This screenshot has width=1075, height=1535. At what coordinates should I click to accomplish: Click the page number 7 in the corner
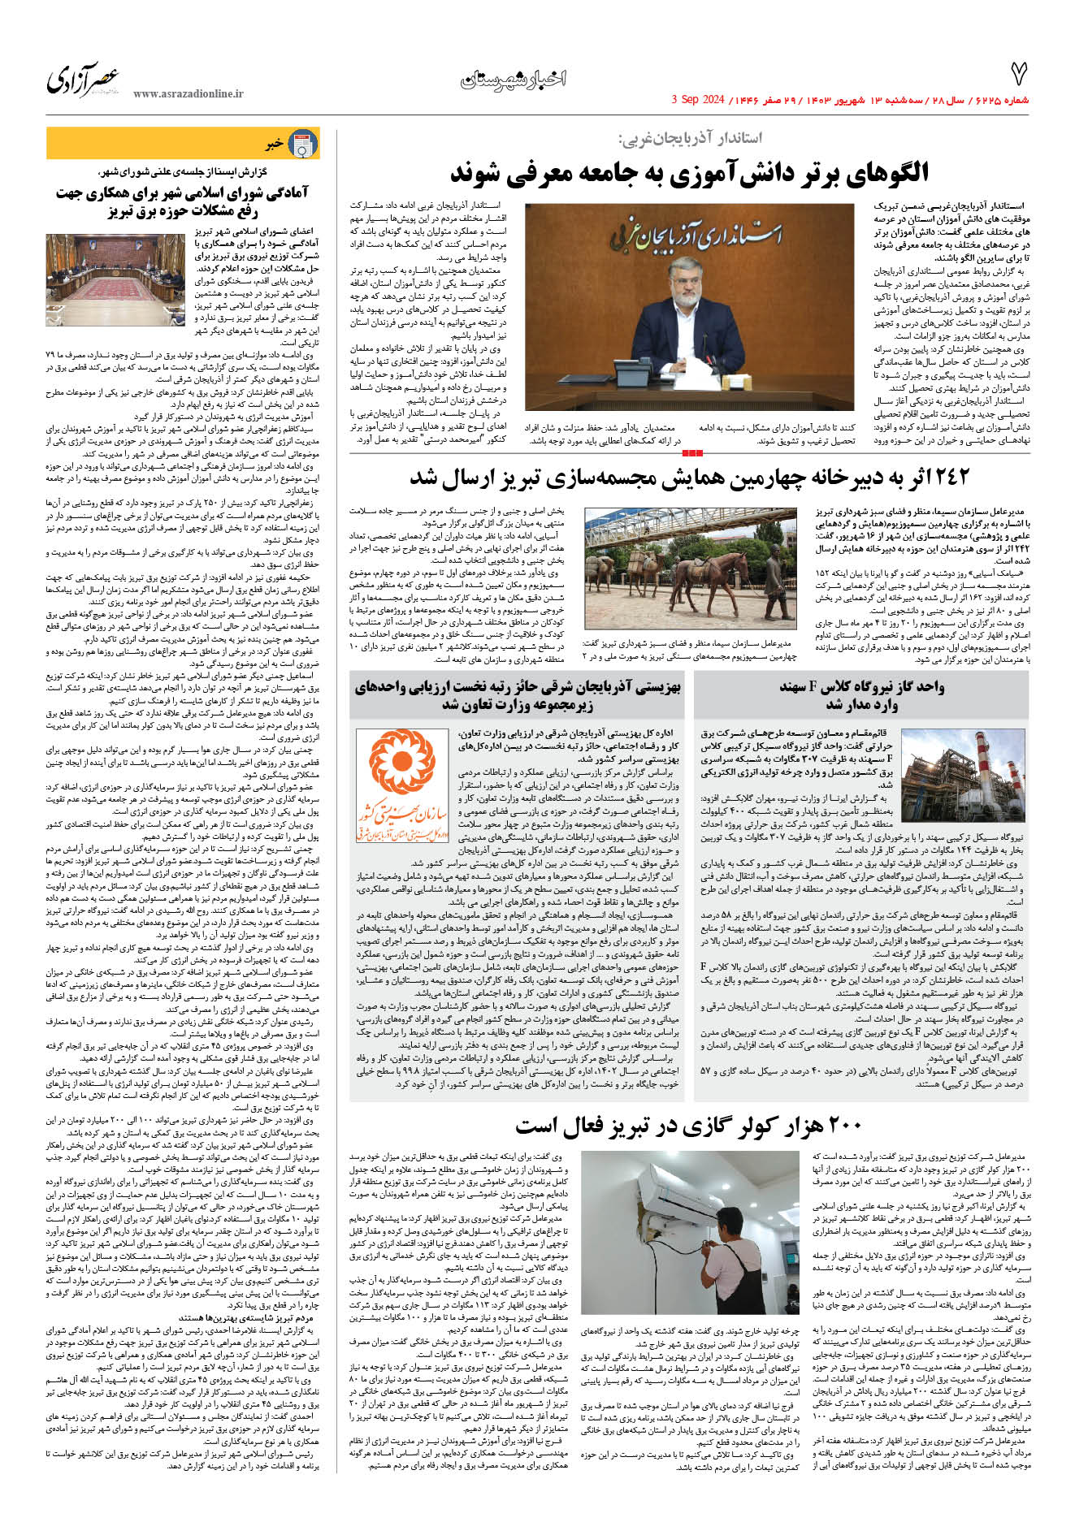pyautogui.click(x=1018, y=74)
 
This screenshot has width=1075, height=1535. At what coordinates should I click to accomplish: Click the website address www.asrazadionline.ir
pyautogui.click(x=188, y=94)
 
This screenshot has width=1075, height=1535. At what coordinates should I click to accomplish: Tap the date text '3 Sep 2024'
pyautogui.click(x=698, y=100)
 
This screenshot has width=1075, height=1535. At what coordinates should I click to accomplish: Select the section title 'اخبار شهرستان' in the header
pyautogui.click(x=513, y=79)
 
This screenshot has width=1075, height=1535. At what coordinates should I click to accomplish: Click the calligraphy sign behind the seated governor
pyautogui.click(x=696, y=235)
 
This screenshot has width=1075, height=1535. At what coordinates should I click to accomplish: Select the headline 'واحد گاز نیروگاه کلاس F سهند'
pyautogui.click(x=862, y=694)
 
